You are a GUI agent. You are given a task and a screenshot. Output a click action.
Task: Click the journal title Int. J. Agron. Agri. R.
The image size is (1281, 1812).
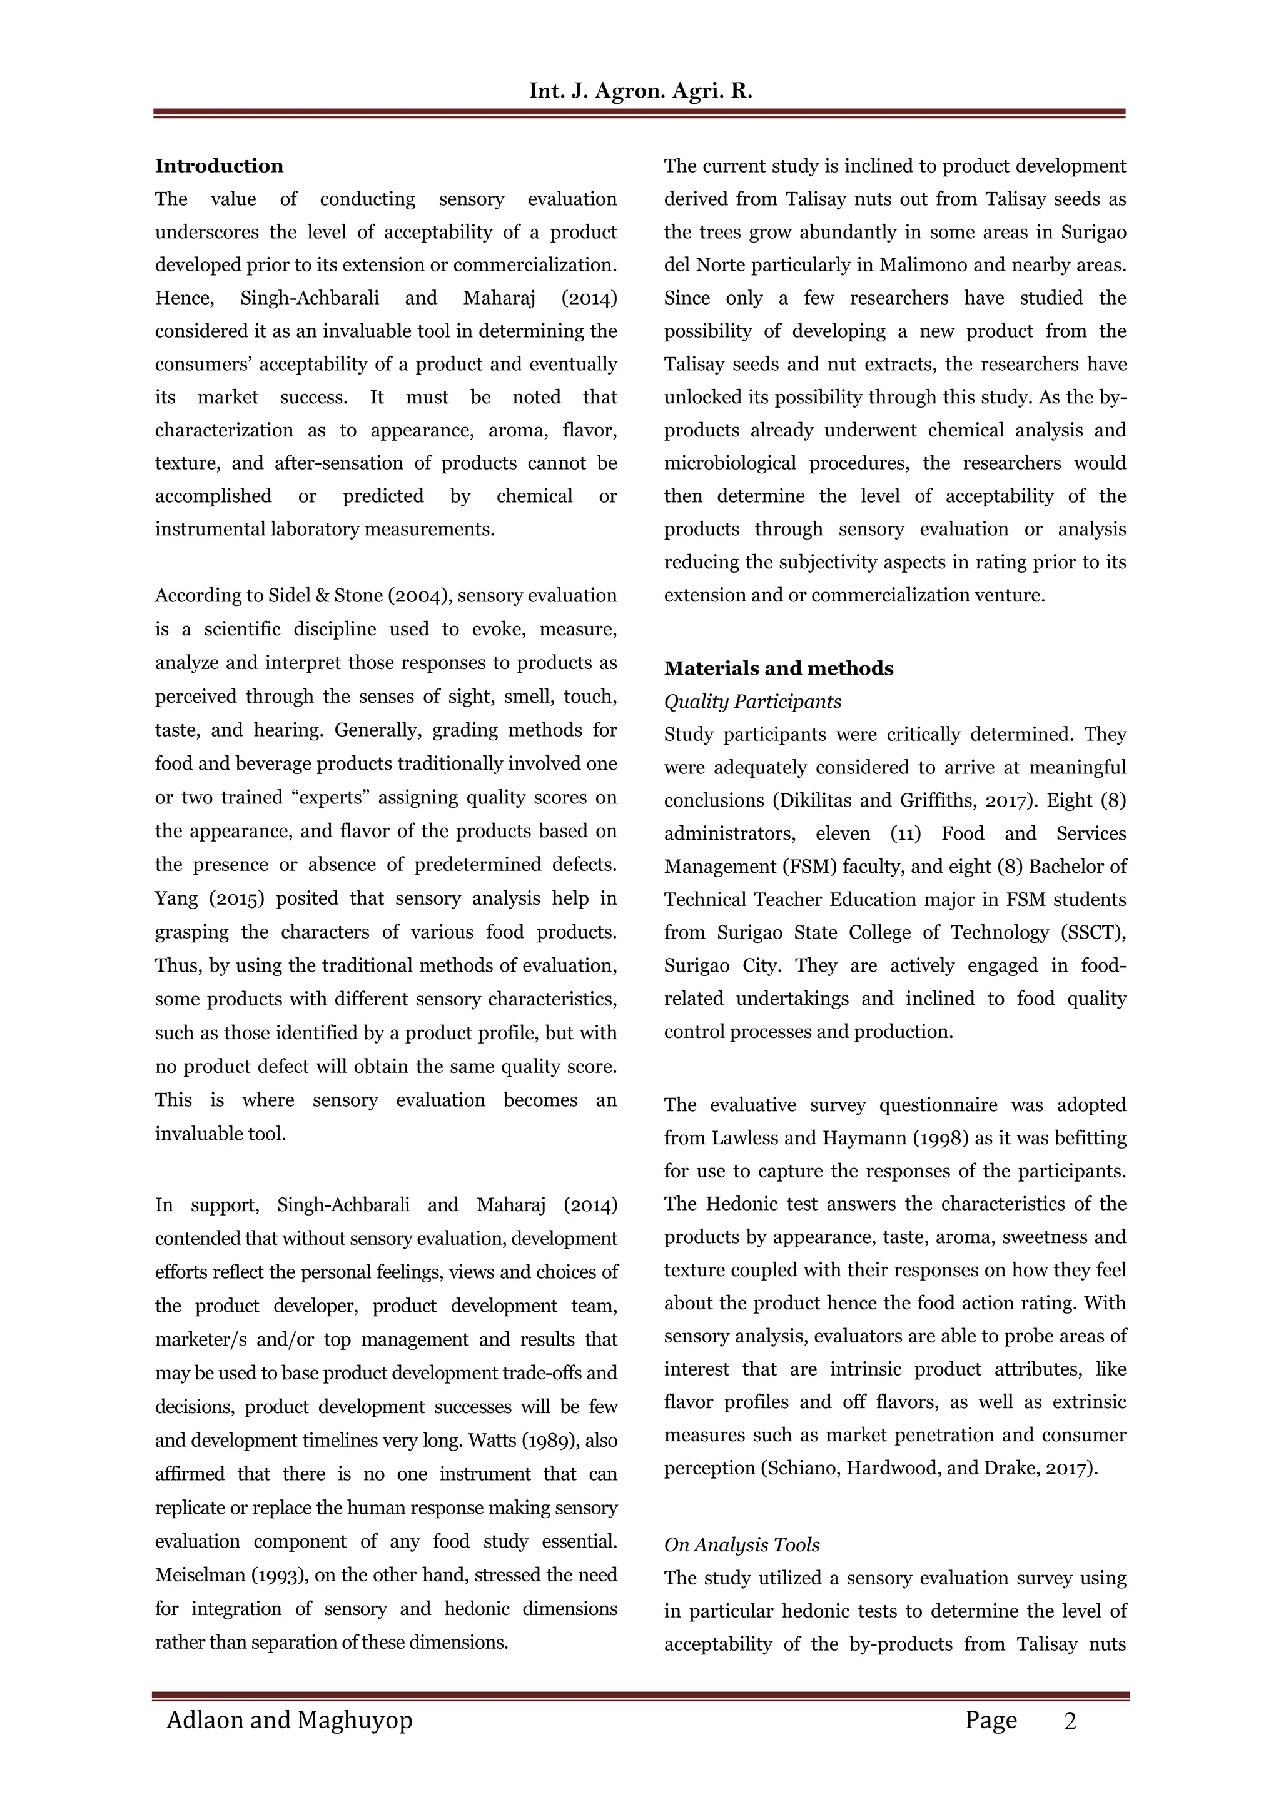coord(640,91)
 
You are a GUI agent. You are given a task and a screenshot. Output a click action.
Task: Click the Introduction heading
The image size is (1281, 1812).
coord(219,166)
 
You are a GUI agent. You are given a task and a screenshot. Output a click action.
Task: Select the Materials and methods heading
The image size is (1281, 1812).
coord(778,668)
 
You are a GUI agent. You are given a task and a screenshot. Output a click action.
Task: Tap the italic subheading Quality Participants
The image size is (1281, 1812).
coord(752,702)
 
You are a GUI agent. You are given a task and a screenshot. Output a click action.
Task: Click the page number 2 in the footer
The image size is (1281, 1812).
coord(1070,1721)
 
